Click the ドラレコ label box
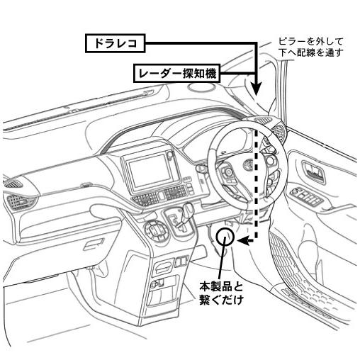click(115, 44)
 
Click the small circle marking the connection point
click(225, 236)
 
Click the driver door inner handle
click(313, 171)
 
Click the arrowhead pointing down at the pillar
click(257, 91)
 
